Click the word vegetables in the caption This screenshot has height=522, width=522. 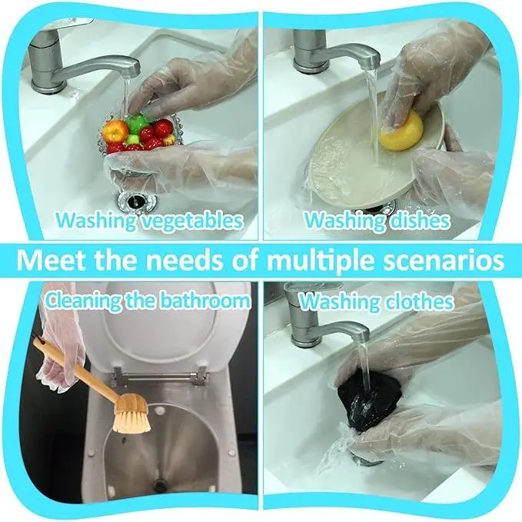(191, 221)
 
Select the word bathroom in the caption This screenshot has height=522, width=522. (204, 301)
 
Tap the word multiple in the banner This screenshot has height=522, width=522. (321, 261)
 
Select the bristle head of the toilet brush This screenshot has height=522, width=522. (131, 414)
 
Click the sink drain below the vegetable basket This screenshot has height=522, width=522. (137, 201)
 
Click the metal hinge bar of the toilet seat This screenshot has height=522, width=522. (160, 377)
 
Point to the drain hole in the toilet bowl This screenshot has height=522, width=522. (161, 484)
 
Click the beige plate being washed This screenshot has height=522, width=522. (366, 157)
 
